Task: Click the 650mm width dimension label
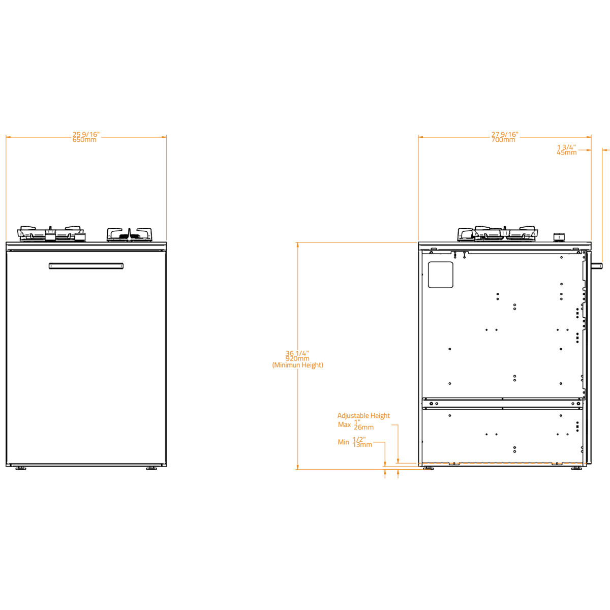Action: pos(84,140)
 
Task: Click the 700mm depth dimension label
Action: pos(503,140)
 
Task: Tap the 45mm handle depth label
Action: pos(567,152)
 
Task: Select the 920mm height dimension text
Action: pos(297,359)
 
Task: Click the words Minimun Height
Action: pos(297,365)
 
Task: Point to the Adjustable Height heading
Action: pos(363,416)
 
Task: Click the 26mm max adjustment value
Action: pos(363,428)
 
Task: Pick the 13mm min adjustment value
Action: pos(362,445)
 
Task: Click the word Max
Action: pos(344,424)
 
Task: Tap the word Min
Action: pos(343,442)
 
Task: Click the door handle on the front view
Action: pos(86,266)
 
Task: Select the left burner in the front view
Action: pos(51,234)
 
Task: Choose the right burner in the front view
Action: pos(130,234)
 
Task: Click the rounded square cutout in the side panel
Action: pos(440,275)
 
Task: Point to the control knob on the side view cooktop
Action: pos(559,237)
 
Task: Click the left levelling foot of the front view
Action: pos(20,468)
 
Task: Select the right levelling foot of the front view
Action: pos(151,468)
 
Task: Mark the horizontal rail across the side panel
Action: pos(502,403)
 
